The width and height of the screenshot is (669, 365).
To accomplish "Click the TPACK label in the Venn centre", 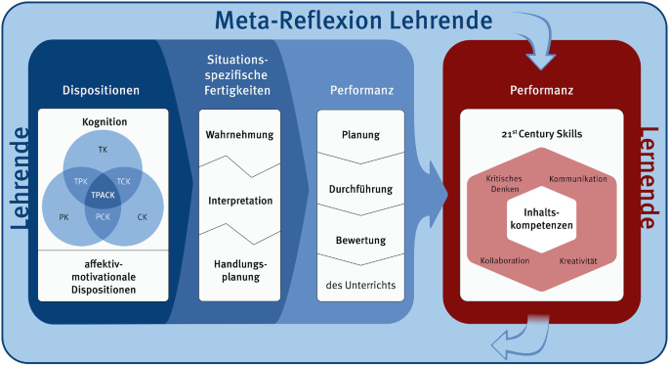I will pyautogui.click(x=104, y=195).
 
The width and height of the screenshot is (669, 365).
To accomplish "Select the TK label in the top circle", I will pyautogui.click(x=104, y=150).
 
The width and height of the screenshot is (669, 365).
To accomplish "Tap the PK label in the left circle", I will pyautogui.click(x=63, y=217).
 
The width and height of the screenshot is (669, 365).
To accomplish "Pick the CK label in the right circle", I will pyautogui.click(x=143, y=217).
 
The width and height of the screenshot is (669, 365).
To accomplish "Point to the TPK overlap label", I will pyautogui.click(x=82, y=182).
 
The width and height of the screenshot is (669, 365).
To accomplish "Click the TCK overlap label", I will pyautogui.click(x=124, y=182).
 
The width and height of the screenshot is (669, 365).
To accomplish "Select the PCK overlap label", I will pyautogui.click(x=104, y=217).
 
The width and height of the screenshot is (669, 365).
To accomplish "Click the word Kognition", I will pyautogui.click(x=104, y=121).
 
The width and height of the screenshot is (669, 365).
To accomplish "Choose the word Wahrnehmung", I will pyautogui.click(x=239, y=135).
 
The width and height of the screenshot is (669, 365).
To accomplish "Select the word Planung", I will pyautogui.click(x=358, y=135).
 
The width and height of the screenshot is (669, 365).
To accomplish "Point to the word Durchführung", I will pyautogui.click(x=358, y=188).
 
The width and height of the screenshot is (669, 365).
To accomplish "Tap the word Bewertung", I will pyautogui.click(x=358, y=240).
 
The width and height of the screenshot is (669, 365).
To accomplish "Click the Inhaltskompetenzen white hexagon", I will pyautogui.click(x=539, y=217).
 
